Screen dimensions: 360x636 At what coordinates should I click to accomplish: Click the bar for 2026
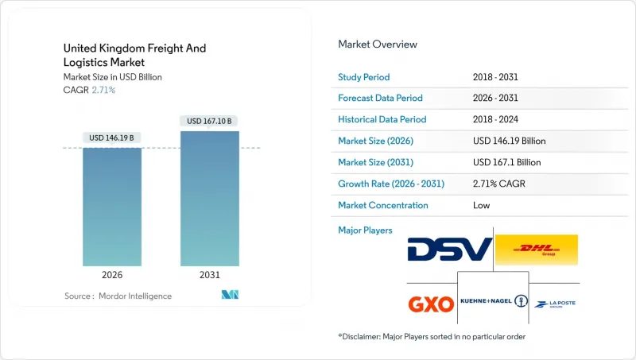tap(112, 207)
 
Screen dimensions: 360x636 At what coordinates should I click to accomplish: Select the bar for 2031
tap(210, 199)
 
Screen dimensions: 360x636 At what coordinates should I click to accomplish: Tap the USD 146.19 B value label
tap(112, 137)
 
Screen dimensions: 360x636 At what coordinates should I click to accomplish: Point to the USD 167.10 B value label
tap(210, 121)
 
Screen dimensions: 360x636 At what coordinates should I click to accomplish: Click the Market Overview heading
tap(378, 44)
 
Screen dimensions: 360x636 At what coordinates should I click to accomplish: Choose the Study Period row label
tap(364, 76)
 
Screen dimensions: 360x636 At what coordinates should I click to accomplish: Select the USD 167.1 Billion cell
tap(506, 162)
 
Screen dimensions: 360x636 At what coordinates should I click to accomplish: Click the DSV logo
tap(449, 250)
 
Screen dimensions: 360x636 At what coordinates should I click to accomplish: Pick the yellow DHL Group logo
tap(536, 250)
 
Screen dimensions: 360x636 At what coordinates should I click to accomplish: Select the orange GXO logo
tap(430, 303)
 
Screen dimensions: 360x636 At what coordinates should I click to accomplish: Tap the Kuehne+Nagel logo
tap(494, 302)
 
